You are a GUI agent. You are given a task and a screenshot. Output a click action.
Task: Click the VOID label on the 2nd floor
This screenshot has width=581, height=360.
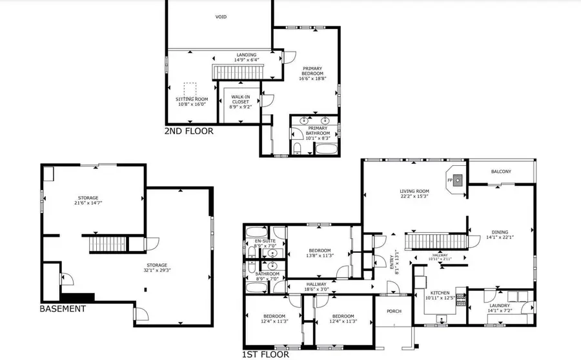click(220, 17)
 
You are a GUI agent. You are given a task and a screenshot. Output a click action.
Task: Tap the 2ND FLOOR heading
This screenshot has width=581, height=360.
click(189, 131)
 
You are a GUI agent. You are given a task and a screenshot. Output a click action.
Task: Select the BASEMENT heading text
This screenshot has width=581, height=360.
click(63, 309)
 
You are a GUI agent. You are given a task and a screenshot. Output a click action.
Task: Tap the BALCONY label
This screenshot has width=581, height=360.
click(501, 171)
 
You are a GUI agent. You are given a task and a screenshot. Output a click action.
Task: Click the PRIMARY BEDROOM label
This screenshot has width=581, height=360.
click(312, 72)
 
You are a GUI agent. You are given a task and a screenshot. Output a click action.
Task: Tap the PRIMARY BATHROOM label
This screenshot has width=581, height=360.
click(318, 130)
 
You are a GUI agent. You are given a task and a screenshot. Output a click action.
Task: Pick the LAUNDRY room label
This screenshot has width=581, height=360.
click(499, 305)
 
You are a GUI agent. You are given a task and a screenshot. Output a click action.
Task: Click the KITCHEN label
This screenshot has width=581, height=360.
click(440, 293)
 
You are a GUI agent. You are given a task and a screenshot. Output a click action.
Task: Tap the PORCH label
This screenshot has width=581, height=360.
click(394, 311)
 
